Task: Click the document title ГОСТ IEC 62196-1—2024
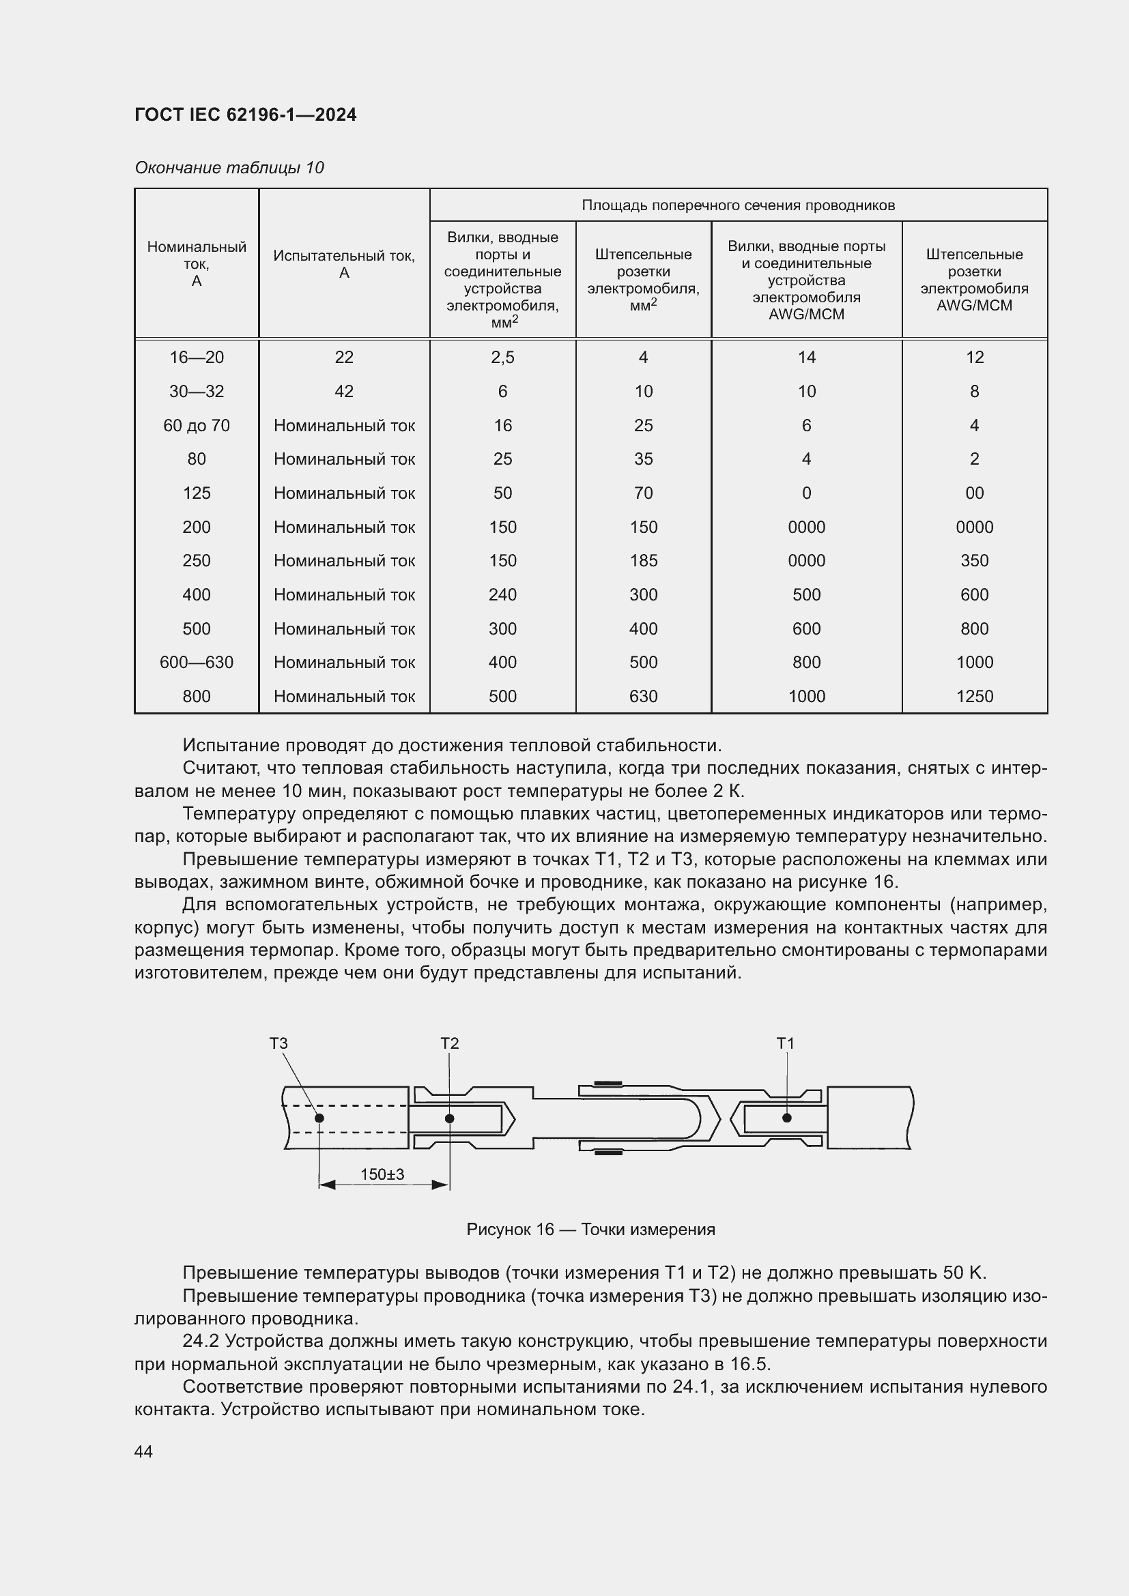246,115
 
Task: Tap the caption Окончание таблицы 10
229,168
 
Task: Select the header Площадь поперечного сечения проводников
738,205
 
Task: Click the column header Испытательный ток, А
343,264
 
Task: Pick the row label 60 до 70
196,425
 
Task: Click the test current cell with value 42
343,392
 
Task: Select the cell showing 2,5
502,358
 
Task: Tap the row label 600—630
196,663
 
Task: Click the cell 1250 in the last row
974,697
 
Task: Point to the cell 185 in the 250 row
643,561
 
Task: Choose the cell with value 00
974,493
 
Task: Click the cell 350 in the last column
974,561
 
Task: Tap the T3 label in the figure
278,1043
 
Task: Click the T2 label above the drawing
449,1043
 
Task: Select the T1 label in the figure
785,1043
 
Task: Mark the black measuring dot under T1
787,1118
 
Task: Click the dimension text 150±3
382,1174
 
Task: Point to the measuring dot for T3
319,1118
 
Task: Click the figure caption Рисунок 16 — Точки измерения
590,1230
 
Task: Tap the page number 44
143,1451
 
